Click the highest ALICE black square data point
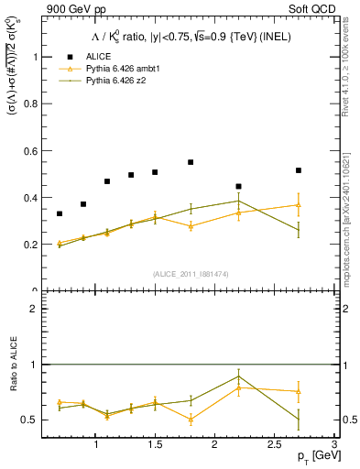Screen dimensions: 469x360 tap(191, 162)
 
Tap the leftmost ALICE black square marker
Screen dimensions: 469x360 tap(60, 213)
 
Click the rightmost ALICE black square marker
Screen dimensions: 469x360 tap(299, 170)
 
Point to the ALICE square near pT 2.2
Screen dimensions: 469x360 tap(238, 186)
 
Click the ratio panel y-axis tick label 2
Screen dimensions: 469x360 tap(35, 309)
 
